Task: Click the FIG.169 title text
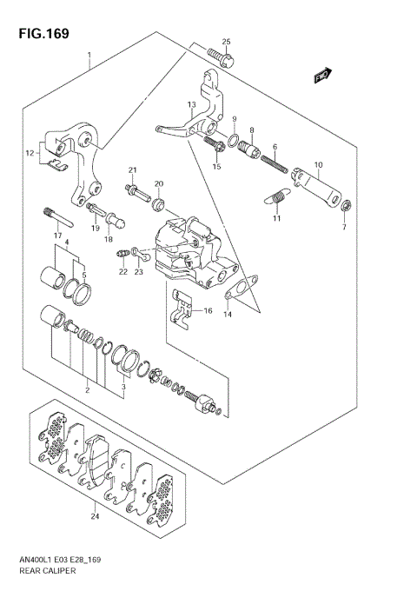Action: pos(41,34)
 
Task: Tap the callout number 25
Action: pos(226,42)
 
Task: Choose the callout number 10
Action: pos(318,164)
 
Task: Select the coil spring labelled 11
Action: pos(276,201)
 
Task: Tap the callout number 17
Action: pos(57,236)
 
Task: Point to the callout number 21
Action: pos(134,169)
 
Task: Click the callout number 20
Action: pos(159,183)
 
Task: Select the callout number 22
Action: pos(123,272)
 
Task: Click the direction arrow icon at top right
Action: pos(322,75)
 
